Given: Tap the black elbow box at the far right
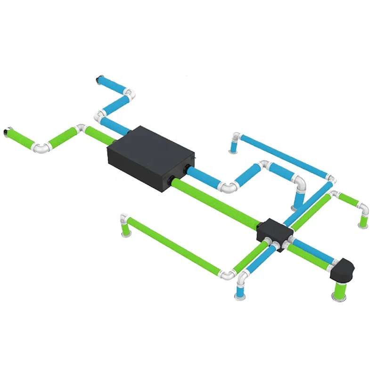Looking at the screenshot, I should pos(344,269).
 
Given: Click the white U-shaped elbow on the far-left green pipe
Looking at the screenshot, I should pos(41,148).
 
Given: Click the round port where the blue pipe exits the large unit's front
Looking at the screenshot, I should pos(188,168).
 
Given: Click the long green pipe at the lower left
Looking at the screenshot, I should pos(174,245).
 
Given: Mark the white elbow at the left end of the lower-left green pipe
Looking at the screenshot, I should pos(124,219).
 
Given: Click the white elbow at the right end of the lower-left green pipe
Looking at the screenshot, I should pos(228,274).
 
